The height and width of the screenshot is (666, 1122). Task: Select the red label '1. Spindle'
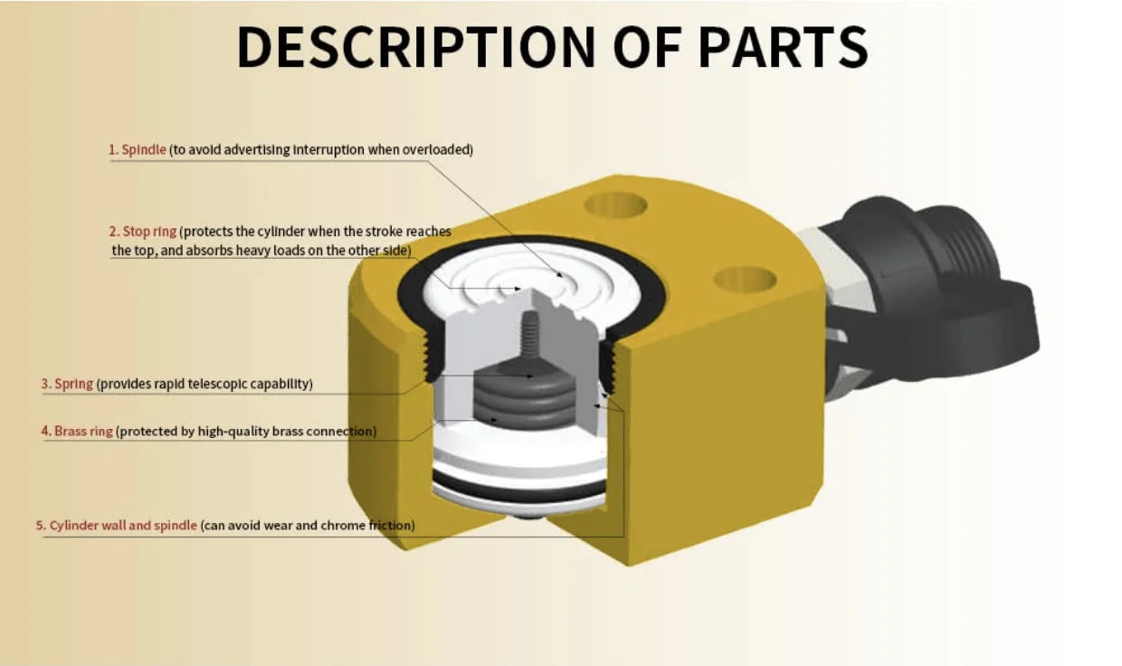[x=138, y=149]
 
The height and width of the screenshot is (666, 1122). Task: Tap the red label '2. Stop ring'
[x=149, y=232]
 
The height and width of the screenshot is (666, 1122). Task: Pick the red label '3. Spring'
[x=67, y=384]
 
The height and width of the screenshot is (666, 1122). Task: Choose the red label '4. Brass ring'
[x=77, y=431]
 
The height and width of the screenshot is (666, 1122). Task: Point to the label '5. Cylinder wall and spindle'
[x=117, y=525]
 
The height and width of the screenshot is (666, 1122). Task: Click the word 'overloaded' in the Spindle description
[x=438, y=149]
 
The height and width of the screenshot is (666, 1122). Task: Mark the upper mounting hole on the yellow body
[x=615, y=205]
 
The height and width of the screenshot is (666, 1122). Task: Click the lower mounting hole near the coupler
[x=745, y=279]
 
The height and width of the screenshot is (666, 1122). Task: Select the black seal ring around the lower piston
[x=520, y=489]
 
